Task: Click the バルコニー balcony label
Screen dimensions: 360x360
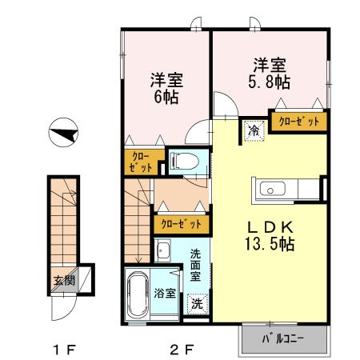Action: coord(285,339)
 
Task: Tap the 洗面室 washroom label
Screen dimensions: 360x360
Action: coord(196,266)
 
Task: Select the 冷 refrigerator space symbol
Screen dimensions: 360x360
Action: coord(253,128)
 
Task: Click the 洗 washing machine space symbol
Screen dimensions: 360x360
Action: coord(195,304)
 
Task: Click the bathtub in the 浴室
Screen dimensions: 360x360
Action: coord(138,296)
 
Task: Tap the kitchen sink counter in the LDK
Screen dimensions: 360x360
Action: coord(287,190)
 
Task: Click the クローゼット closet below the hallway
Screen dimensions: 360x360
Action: coord(179,224)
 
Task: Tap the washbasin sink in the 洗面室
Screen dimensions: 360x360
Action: coord(165,253)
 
